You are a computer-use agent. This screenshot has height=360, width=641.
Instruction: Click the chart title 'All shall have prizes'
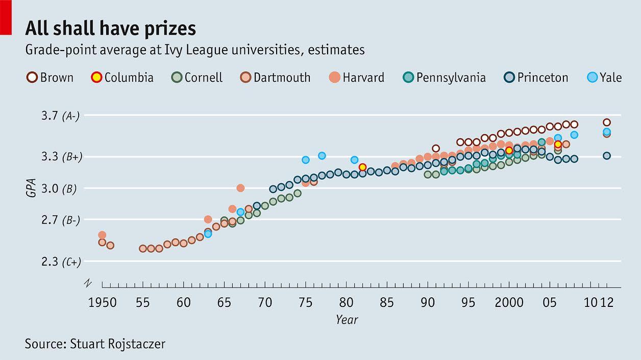tap(110, 28)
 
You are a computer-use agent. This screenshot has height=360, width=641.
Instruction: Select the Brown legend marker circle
tap(32, 78)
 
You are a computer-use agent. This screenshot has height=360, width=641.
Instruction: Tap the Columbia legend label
tap(129, 78)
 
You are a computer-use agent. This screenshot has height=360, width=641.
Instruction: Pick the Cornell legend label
tap(203, 78)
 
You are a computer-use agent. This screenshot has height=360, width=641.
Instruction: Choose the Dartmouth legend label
tap(282, 78)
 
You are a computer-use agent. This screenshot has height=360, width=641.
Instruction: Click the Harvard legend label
tap(363, 78)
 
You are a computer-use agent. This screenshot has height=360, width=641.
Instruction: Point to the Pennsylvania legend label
tap(451, 78)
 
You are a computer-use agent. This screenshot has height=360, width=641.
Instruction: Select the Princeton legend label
tap(543, 78)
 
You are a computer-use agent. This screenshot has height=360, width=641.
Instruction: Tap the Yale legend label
tap(610, 78)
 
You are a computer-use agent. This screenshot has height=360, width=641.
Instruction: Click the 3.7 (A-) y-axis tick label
tap(60, 116)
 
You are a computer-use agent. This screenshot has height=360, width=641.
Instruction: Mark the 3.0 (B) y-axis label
tap(59, 188)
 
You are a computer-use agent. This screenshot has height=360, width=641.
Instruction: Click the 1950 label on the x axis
tap(103, 302)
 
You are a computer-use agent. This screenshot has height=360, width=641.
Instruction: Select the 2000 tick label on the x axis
tap(509, 302)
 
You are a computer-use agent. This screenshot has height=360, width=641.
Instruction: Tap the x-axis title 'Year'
tap(347, 320)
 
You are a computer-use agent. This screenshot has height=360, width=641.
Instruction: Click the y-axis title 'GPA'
tap(31, 188)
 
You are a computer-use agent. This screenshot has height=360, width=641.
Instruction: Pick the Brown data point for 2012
tap(607, 123)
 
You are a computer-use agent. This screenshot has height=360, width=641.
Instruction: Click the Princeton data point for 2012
tap(607, 156)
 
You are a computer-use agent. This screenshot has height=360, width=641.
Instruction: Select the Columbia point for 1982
tap(362, 167)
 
